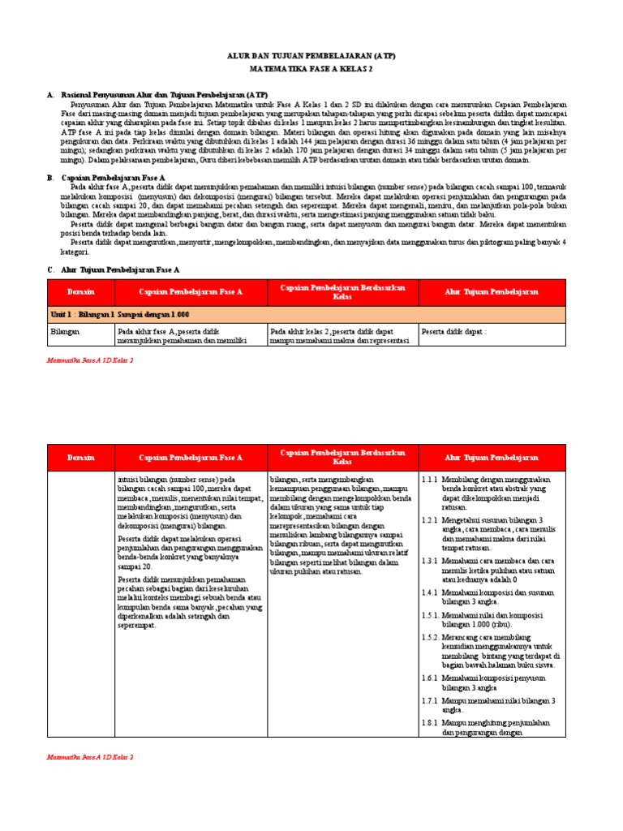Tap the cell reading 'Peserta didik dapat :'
(x=453, y=331)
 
